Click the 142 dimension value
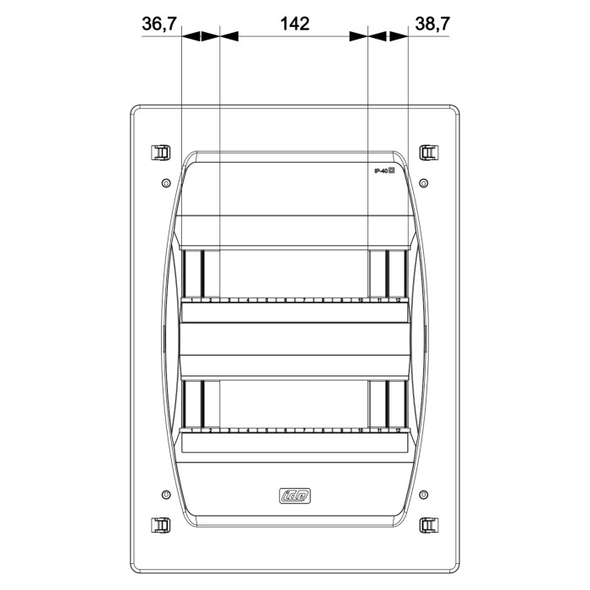coord(293,24)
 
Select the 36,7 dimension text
coord(158,24)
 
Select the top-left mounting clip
coord(159,153)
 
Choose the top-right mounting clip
coord(428,153)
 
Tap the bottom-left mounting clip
coord(159,524)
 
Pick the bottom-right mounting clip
coord(428,524)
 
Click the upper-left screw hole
coord(165,183)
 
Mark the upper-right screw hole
coord(423,183)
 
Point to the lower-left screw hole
coord(165,493)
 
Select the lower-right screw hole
coord(423,493)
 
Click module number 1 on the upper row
coord(192,300)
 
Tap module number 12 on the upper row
coord(397,300)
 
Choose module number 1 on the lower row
coord(192,430)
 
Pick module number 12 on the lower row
coord(397,430)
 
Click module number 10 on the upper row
coord(360,300)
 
